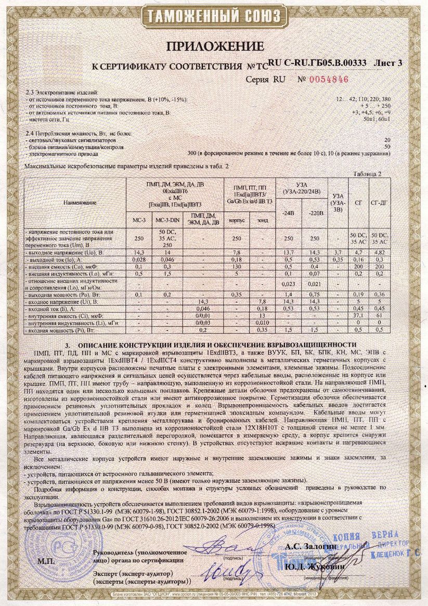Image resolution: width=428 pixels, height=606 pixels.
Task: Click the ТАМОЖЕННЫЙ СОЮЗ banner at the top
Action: [x=214, y=16]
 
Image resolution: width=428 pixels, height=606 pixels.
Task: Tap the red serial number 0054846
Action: [x=329, y=80]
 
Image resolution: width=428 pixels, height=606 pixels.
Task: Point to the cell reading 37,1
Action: [x=356, y=316]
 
